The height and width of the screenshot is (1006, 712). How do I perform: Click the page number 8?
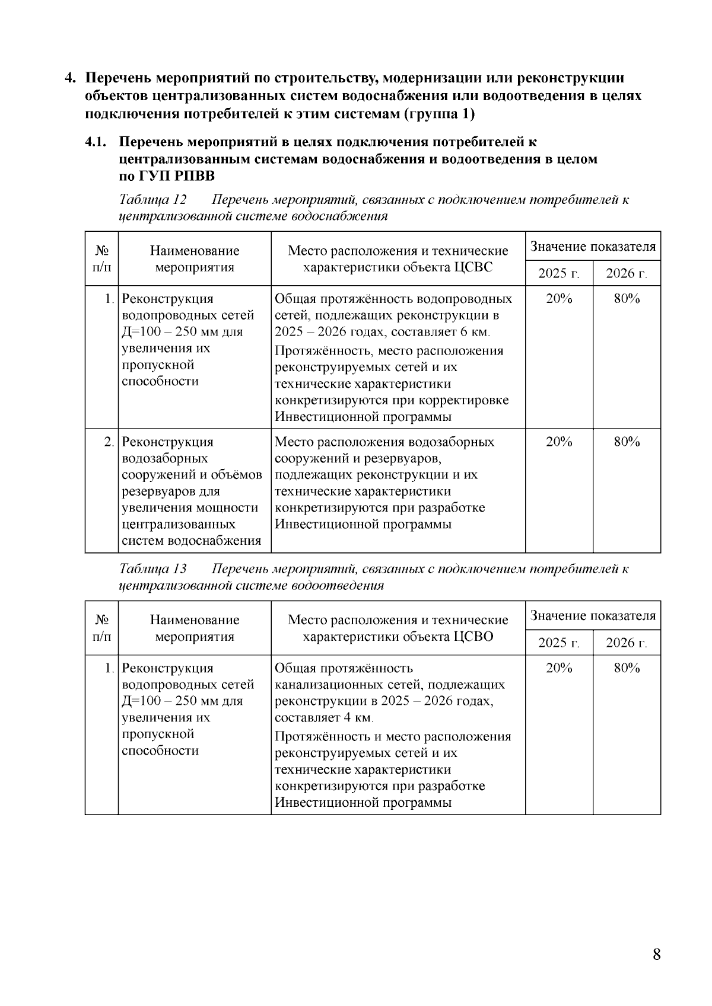(x=656, y=954)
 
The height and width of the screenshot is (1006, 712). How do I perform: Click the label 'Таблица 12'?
(x=153, y=200)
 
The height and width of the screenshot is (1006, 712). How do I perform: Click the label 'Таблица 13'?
(x=153, y=569)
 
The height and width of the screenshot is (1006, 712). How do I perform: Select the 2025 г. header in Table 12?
(x=558, y=274)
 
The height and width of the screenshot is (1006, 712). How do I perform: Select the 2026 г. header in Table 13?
(x=626, y=643)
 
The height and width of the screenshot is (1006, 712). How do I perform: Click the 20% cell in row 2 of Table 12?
(x=558, y=442)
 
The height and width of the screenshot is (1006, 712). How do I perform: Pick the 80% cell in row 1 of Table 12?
(x=627, y=299)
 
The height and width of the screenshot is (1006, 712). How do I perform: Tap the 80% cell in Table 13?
(x=627, y=668)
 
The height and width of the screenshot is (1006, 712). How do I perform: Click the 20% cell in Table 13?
(x=558, y=668)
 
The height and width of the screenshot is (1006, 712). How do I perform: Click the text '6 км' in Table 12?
(x=475, y=332)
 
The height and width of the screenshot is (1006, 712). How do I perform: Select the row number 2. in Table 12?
(x=109, y=442)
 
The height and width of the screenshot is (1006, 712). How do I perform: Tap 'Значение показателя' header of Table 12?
(x=593, y=247)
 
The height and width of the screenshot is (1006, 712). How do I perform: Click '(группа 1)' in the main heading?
(x=439, y=114)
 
